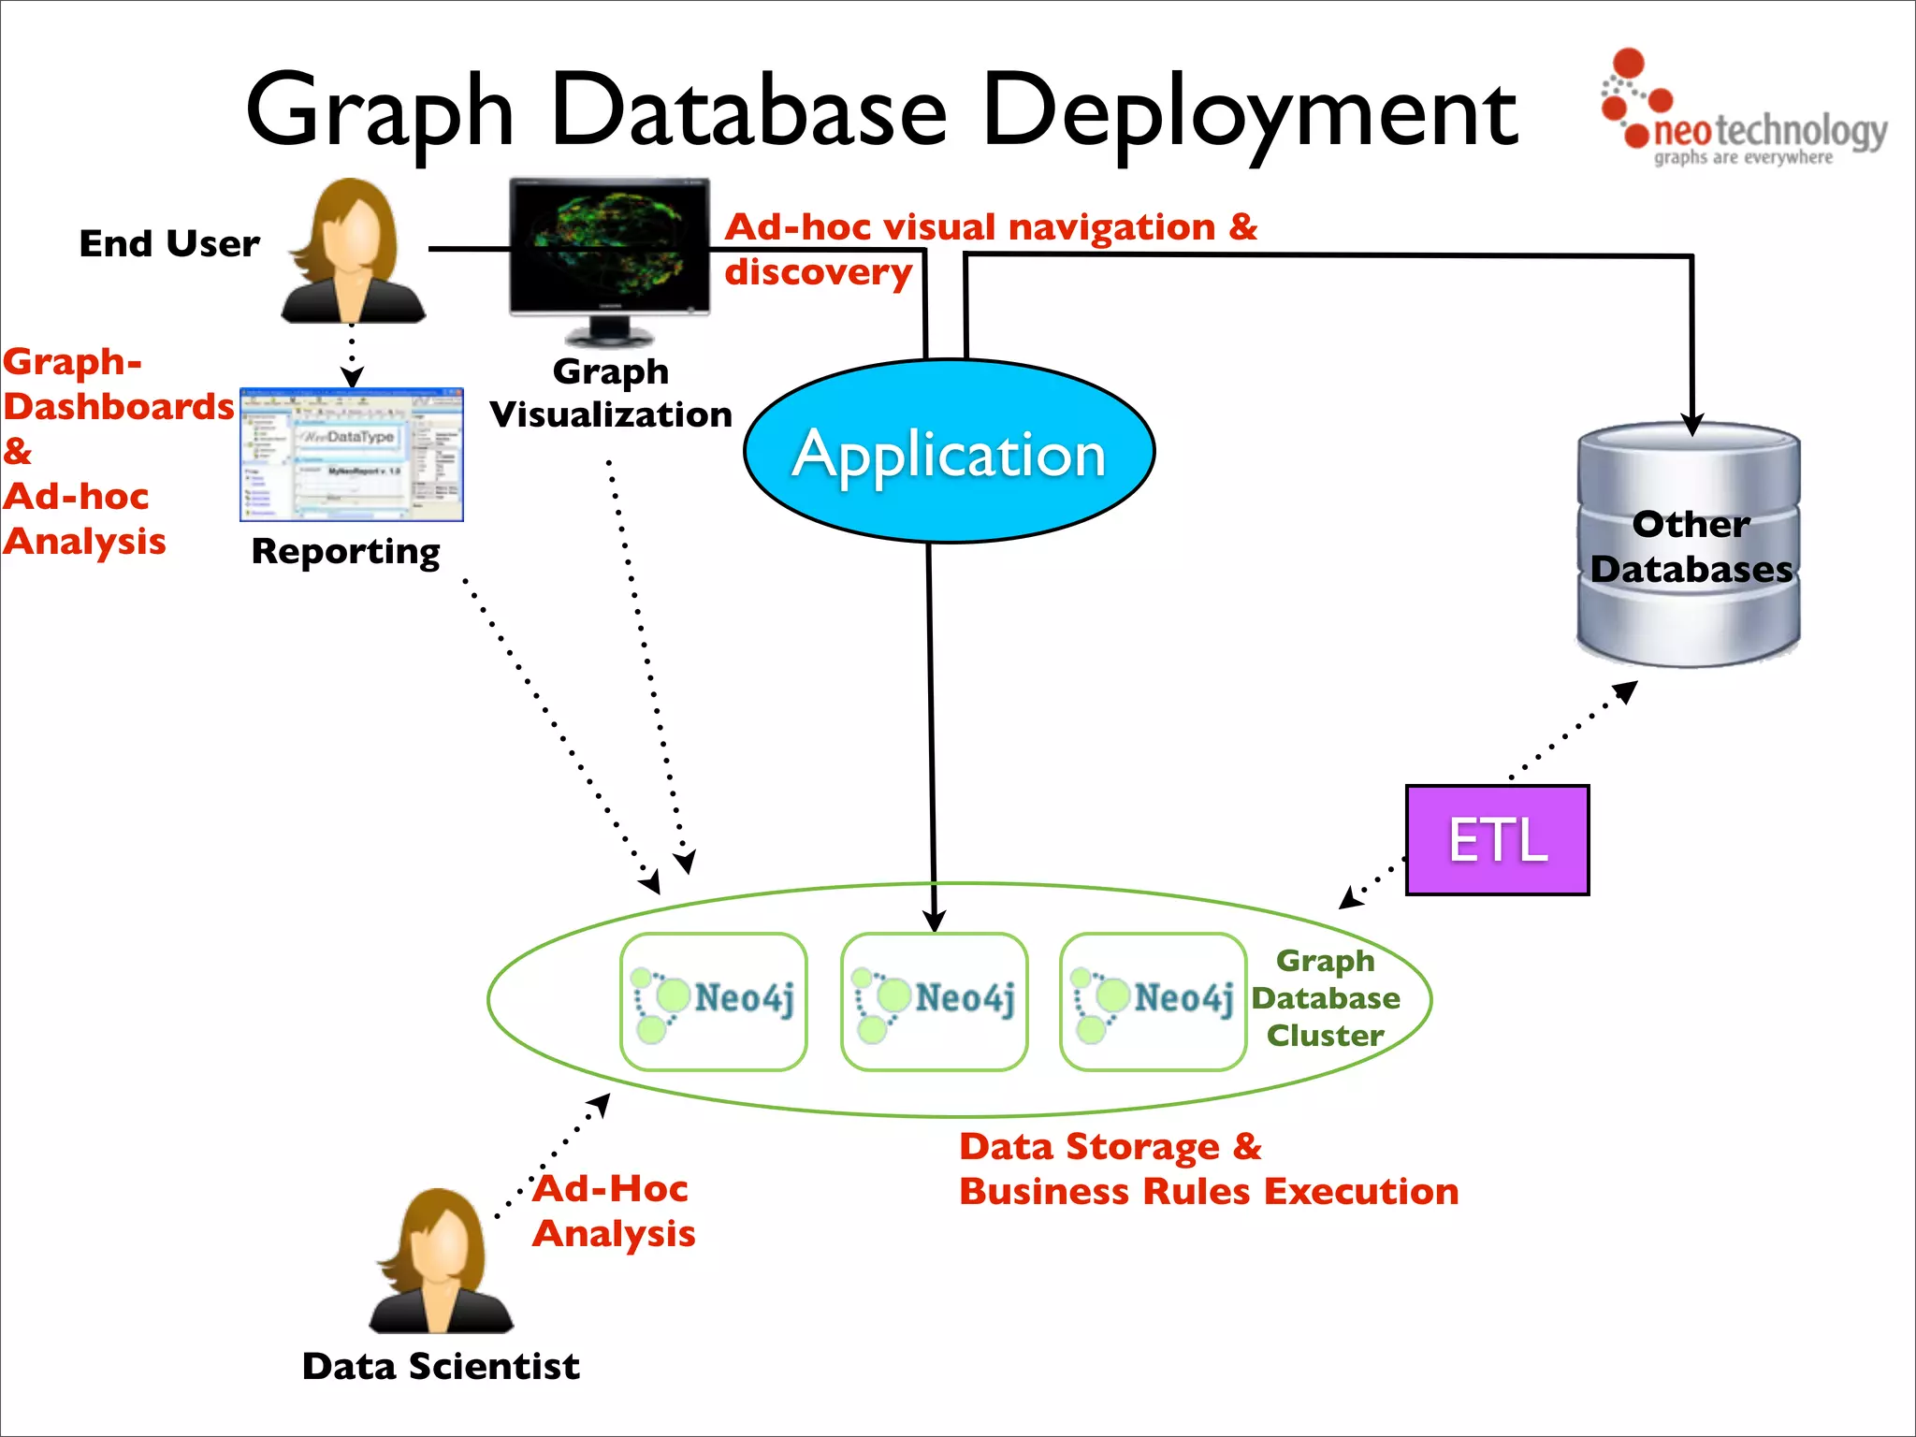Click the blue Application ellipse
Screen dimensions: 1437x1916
(x=949, y=451)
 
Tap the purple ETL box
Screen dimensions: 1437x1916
(x=1497, y=840)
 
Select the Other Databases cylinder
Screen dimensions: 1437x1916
(x=1689, y=546)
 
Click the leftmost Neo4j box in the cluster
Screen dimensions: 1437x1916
(x=713, y=1001)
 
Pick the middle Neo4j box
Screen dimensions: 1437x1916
(x=934, y=1001)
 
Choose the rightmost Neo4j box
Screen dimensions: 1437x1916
(x=1153, y=1001)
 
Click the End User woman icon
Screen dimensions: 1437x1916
(x=354, y=253)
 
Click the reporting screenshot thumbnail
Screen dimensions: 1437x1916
(x=352, y=455)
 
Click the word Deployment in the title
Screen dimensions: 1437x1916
(x=1250, y=112)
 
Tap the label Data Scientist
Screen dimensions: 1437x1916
(x=441, y=1366)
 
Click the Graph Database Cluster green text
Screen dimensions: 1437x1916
(x=1326, y=998)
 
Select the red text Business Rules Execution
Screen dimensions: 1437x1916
(x=1209, y=1192)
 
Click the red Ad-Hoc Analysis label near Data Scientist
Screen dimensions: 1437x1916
(x=614, y=1211)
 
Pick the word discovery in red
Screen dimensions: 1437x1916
(x=818, y=272)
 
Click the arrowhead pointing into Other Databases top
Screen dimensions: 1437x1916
(x=1691, y=426)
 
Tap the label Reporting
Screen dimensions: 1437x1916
(x=345, y=551)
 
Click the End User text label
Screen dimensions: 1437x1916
(x=169, y=243)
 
